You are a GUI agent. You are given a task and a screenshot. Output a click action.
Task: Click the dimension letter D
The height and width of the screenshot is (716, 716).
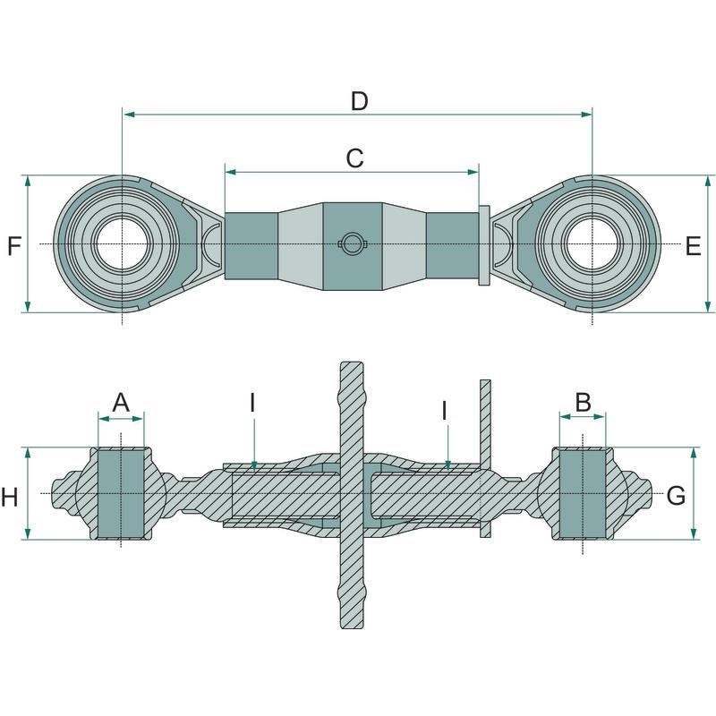coord(359,101)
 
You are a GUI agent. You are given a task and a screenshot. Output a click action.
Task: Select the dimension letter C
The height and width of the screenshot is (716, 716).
coord(354,158)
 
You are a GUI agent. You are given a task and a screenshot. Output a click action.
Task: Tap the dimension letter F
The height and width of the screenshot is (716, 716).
coord(13,245)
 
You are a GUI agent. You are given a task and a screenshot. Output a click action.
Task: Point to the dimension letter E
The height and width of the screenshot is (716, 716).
coord(693,246)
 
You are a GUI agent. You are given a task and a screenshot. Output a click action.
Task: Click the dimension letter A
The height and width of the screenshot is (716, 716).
coord(121,403)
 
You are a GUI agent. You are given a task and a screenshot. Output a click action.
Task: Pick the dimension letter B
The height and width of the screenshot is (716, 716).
coord(583,403)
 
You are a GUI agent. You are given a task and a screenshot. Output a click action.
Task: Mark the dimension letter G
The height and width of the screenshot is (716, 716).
coord(677,495)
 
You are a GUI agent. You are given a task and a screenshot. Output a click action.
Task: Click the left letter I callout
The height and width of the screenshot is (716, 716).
coord(252,403)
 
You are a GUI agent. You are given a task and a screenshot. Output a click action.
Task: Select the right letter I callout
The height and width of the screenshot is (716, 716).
coord(445,411)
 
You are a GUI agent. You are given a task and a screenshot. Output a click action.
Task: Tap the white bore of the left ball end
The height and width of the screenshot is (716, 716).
coord(121,243)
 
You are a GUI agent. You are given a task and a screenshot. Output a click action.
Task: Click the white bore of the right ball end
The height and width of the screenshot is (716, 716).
coord(592,243)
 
